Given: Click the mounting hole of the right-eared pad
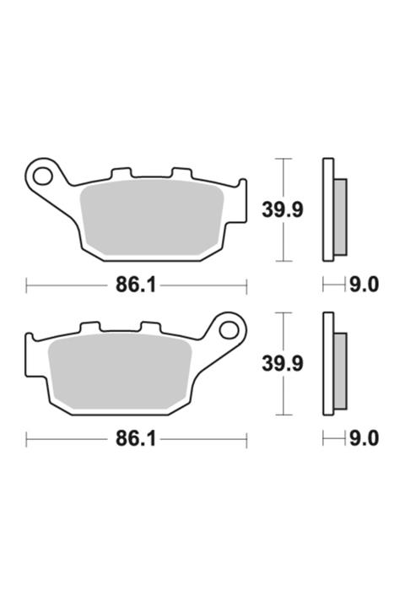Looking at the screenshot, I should point(230,328).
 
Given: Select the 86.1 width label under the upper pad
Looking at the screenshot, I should point(136,285).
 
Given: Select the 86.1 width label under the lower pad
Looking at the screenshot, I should point(136,439).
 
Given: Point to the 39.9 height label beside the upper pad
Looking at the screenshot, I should point(282,209).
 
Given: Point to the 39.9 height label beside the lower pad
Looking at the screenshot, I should point(282,363).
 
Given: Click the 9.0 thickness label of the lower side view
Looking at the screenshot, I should point(364,439).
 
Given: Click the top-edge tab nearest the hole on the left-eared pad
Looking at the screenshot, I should point(121,172).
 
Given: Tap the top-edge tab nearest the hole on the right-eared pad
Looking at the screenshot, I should point(150,327).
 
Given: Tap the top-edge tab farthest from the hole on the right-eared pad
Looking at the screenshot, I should point(89,327).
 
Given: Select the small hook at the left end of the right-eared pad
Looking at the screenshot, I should point(30,341).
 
